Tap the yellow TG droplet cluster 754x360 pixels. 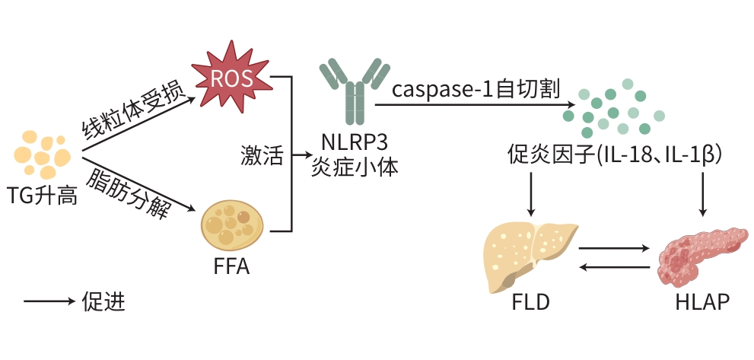tap(41, 154)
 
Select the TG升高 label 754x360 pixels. tap(43, 195)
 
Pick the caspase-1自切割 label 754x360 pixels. tap(476, 90)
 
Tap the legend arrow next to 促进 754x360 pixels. tap(47, 302)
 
